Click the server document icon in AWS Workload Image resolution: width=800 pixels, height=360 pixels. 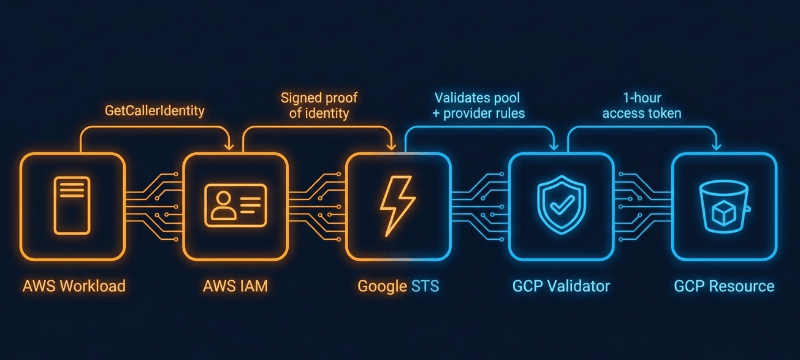[72, 205]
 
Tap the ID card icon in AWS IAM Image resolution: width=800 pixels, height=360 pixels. [236, 205]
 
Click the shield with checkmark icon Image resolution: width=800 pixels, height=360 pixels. [562, 204]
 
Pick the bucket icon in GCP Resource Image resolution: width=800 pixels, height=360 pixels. [724, 207]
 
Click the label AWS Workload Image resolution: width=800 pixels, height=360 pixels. [74, 286]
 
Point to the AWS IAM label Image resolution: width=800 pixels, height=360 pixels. [235, 286]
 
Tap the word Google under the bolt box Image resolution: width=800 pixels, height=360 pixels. [382, 287]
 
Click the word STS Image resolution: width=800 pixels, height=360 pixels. [425, 286]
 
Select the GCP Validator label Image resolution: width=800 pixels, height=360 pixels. [561, 286]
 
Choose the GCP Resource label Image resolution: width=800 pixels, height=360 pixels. [724, 286]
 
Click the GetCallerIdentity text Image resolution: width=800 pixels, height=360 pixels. [154, 111]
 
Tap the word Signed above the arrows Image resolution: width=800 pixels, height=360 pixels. [302, 98]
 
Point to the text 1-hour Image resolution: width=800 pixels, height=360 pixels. [642, 98]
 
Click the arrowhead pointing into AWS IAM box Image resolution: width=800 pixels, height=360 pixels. [229, 147]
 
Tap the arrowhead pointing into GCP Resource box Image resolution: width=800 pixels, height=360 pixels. [717, 147]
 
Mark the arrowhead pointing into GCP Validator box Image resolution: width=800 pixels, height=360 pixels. [554, 147]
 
